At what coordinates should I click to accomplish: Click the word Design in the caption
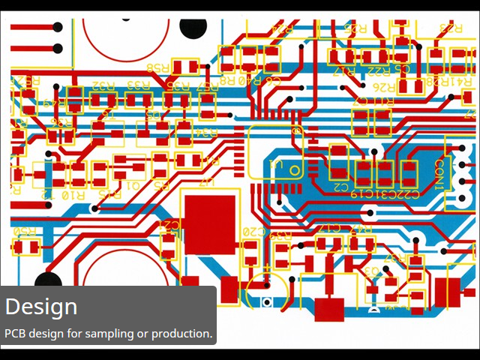pyautogui.click(x=41, y=307)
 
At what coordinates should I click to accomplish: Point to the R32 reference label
pyautogui.click(x=103, y=85)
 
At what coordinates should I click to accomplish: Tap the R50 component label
pyautogui.click(x=25, y=231)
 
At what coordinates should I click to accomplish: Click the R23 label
pyautogui.click(x=451, y=28)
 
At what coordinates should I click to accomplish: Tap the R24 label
pyautogui.click(x=283, y=28)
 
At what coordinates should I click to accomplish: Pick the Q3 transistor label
pyautogui.click(x=370, y=270)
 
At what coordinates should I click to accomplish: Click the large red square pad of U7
pyautogui.click(x=210, y=224)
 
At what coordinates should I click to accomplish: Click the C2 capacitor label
pyautogui.click(x=341, y=185)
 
